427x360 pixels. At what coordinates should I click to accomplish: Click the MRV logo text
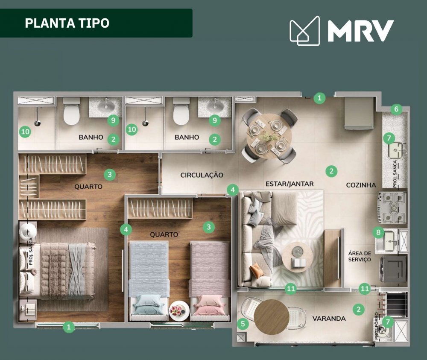(x=361, y=30)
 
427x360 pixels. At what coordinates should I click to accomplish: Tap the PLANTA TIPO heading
(x=67, y=23)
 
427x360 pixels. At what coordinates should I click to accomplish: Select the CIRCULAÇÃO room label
(x=202, y=175)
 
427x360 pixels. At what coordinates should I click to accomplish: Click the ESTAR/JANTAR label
(x=290, y=184)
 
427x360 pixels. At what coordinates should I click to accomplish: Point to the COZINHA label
(x=361, y=185)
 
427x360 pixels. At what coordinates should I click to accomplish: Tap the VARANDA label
(x=329, y=318)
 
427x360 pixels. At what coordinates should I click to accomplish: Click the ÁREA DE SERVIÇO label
(x=360, y=256)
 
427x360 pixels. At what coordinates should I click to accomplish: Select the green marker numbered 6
(x=396, y=109)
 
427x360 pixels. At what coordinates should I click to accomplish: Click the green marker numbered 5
(x=243, y=324)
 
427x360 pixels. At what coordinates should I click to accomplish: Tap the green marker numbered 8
(x=378, y=232)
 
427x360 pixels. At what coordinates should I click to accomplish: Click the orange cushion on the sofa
(x=256, y=270)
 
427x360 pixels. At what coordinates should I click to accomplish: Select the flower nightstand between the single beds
(x=179, y=311)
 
